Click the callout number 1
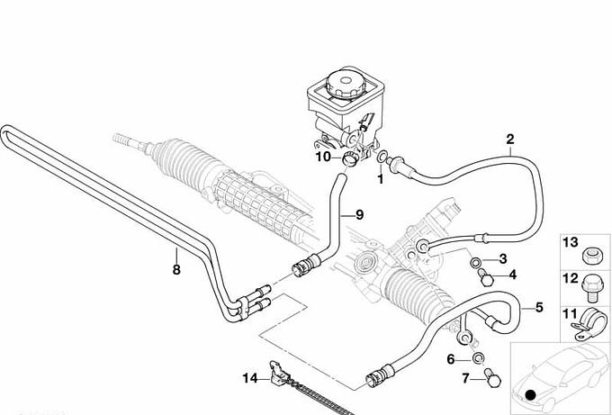click(x=380, y=178)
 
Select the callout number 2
click(x=509, y=139)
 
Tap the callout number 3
click(x=502, y=259)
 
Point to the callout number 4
click(x=512, y=275)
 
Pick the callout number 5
click(x=538, y=307)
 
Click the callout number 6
click(x=451, y=359)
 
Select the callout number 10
click(x=322, y=158)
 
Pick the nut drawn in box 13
click(x=591, y=254)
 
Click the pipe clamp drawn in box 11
click(x=590, y=318)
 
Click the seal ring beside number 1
click(x=383, y=159)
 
